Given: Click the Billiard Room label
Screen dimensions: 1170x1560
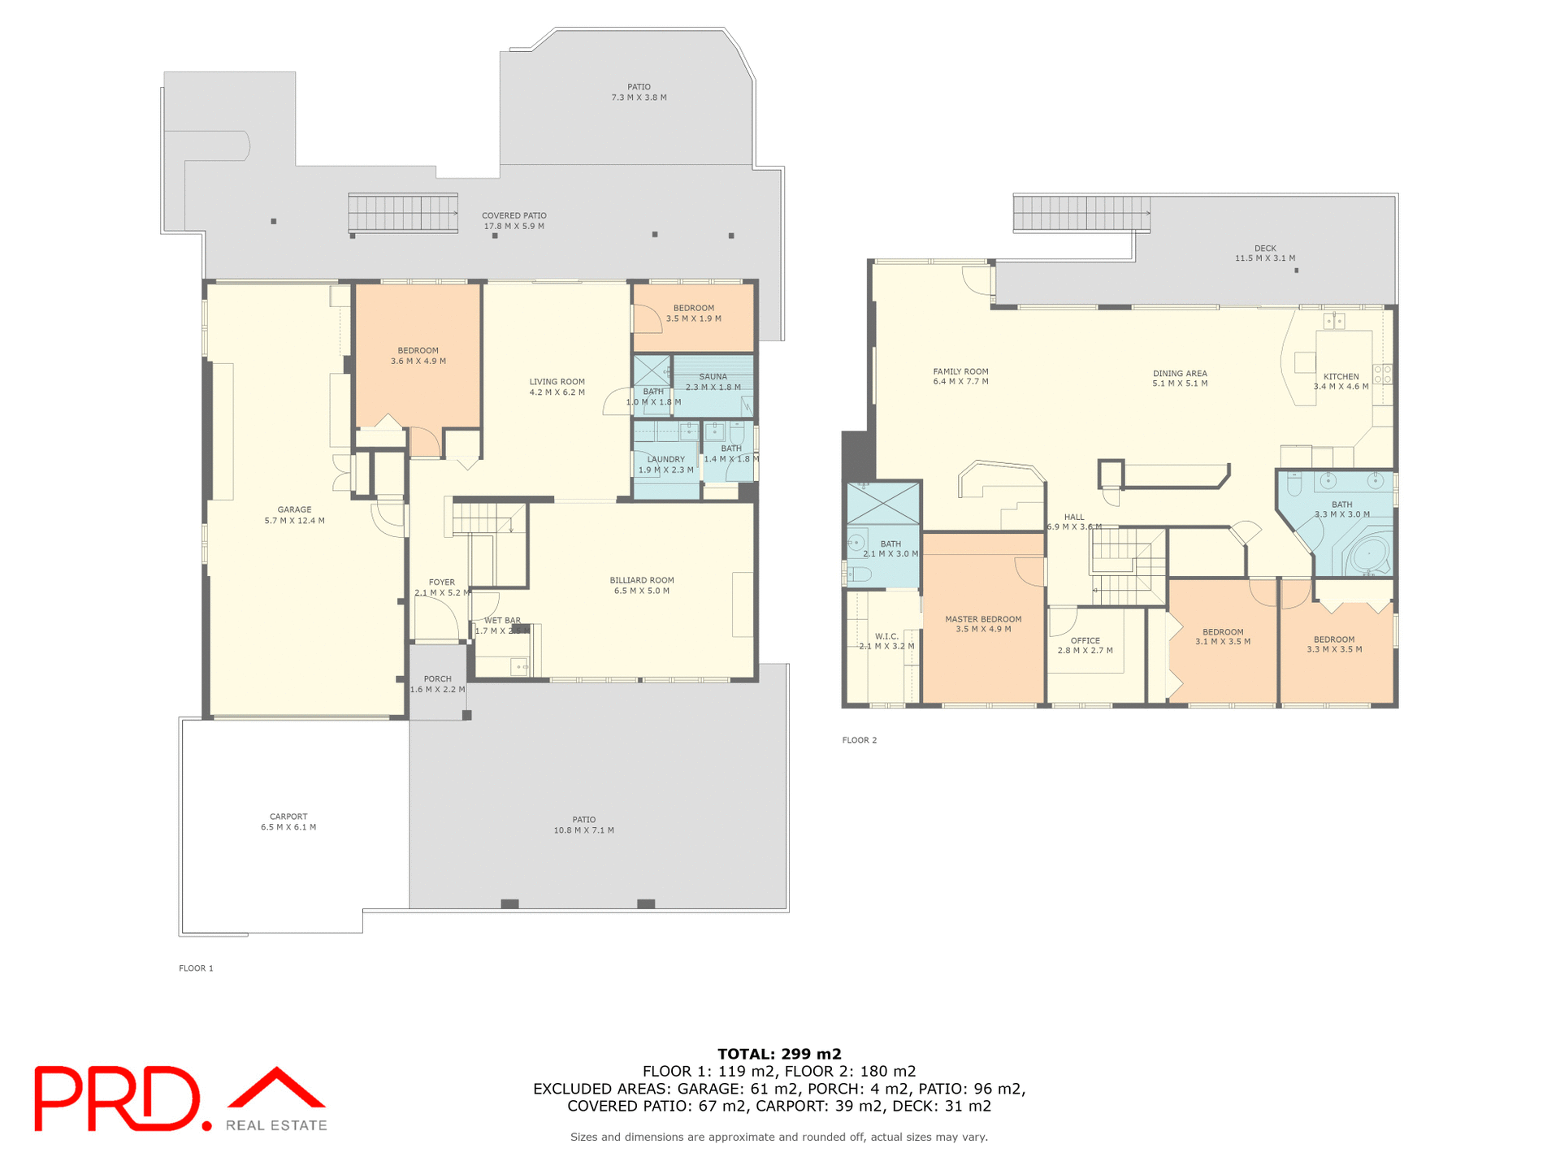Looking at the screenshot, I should (x=642, y=580).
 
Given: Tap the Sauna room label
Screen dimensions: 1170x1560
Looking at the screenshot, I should (x=713, y=376).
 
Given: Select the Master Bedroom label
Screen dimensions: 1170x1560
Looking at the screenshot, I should (x=983, y=619).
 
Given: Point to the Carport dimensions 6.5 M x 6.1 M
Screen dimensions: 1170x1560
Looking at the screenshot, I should (x=288, y=827).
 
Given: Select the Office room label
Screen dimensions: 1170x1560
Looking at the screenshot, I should (x=1085, y=640).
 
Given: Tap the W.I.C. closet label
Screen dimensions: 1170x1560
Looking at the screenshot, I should (x=886, y=636).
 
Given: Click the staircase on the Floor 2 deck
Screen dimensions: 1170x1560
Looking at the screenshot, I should (x=1081, y=214).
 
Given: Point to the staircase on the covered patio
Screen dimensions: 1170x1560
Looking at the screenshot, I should (x=403, y=214).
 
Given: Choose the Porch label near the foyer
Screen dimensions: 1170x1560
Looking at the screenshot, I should (x=437, y=678).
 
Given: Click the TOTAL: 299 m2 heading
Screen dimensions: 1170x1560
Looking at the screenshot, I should (x=779, y=1055).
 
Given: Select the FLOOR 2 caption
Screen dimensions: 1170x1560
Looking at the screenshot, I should (x=859, y=740).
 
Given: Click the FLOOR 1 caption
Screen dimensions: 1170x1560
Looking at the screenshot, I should (x=196, y=968).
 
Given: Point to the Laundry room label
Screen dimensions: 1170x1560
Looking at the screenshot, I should (x=665, y=459).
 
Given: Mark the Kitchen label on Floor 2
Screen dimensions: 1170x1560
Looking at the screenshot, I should (x=1341, y=376).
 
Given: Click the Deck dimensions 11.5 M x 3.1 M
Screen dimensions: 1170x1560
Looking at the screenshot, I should (x=1265, y=258).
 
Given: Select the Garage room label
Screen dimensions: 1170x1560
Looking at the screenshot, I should (x=294, y=509).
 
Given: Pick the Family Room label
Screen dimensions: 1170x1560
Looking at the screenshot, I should (x=960, y=371).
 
